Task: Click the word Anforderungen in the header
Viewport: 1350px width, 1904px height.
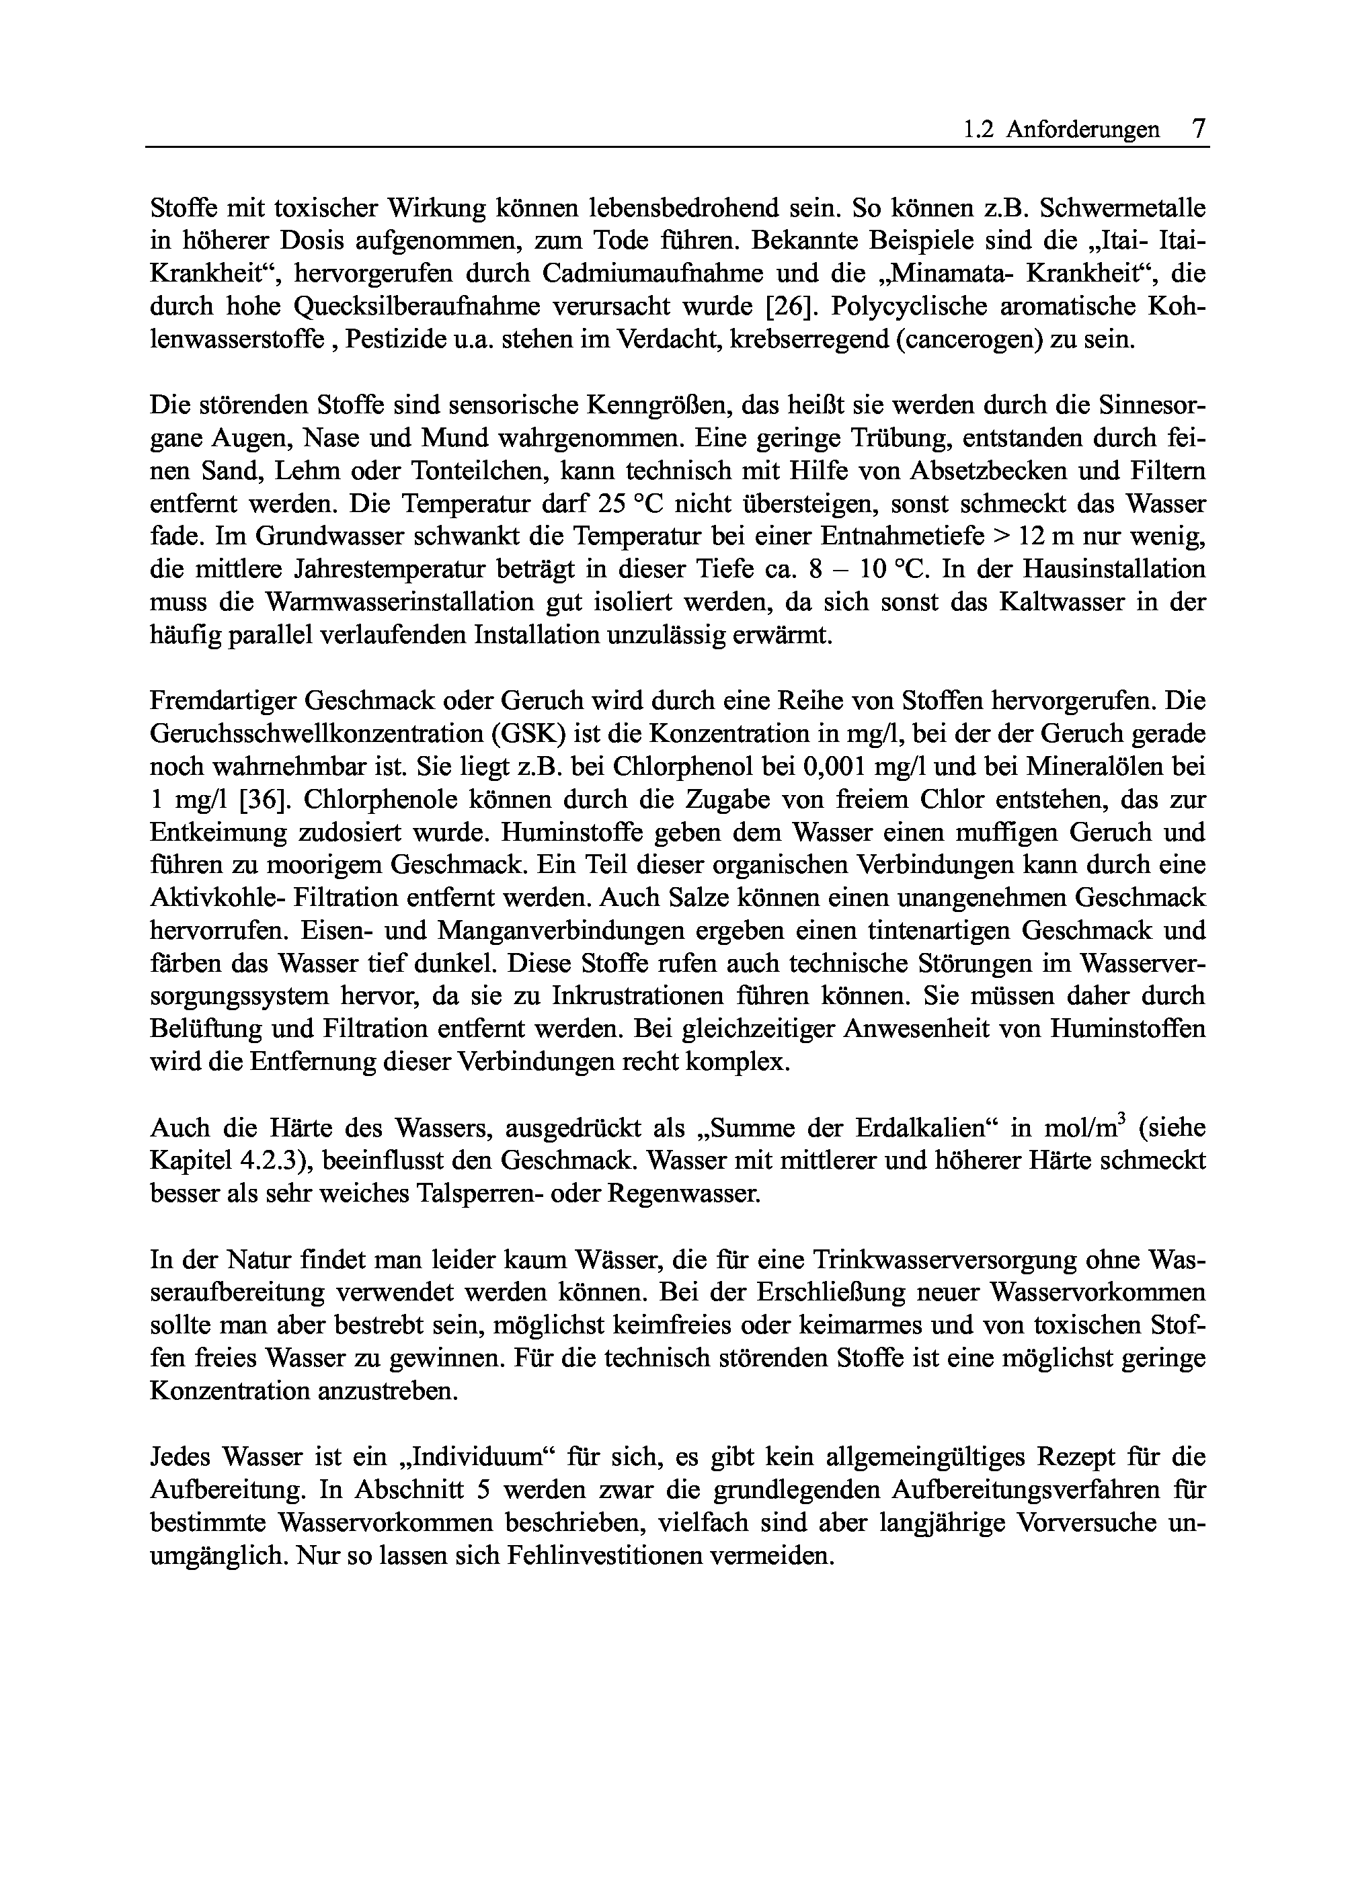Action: (1082, 130)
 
